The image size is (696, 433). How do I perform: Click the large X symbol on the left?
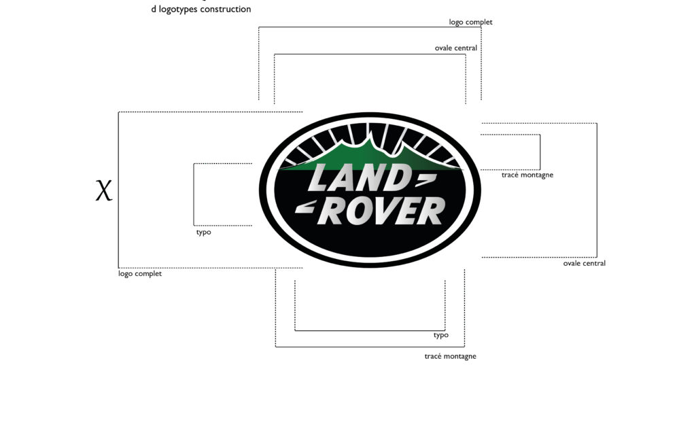pyautogui.click(x=104, y=190)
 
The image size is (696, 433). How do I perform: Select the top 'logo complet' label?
pyautogui.click(x=470, y=22)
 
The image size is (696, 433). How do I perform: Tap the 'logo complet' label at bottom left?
pyautogui.click(x=140, y=274)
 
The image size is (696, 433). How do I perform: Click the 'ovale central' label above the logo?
pyautogui.click(x=456, y=48)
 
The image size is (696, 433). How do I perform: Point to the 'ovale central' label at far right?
pyautogui.click(x=584, y=263)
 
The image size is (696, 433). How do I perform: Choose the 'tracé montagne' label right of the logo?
pyautogui.click(x=527, y=175)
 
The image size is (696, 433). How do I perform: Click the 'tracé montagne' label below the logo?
pyautogui.click(x=450, y=356)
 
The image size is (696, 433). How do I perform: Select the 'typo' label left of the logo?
pyautogui.click(x=204, y=232)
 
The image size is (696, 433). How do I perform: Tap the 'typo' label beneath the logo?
pyautogui.click(x=440, y=335)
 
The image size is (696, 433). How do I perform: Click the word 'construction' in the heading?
pyautogui.click(x=226, y=9)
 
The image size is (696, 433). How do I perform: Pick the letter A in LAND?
pyautogui.click(x=346, y=177)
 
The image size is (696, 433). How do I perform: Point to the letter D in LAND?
pyautogui.click(x=398, y=177)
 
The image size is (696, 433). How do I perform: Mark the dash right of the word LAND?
pyautogui.click(x=425, y=178)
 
